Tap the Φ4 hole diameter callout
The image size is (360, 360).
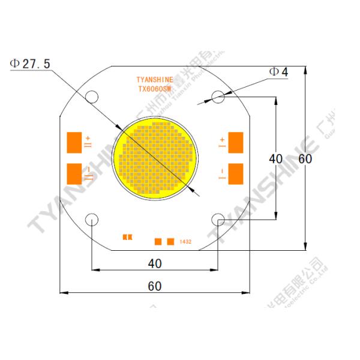[x=278, y=72]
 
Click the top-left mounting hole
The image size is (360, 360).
[x=92, y=96]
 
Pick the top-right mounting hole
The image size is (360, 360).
[x=218, y=96]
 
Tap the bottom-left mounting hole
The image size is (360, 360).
[x=91, y=220]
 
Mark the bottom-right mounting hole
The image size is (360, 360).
[x=218, y=220]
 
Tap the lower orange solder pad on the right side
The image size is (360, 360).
[x=236, y=173]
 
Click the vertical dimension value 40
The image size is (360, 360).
[x=275, y=159]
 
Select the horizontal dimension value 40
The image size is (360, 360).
[x=154, y=262]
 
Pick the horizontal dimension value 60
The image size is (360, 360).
[x=154, y=286]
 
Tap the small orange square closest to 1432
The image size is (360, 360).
[x=171, y=242]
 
